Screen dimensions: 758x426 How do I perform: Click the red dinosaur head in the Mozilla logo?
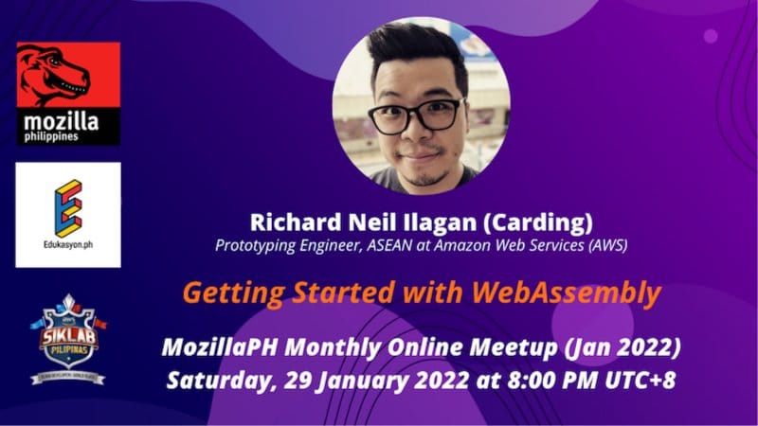(x=54, y=74)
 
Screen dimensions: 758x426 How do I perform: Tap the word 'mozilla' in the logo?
(x=62, y=122)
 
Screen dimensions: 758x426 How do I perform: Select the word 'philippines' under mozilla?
(x=51, y=137)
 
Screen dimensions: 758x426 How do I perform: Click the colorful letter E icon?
(x=68, y=208)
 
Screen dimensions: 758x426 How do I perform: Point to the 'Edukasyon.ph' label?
(x=68, y=244)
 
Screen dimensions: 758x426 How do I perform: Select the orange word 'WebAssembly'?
(x=566, y=293)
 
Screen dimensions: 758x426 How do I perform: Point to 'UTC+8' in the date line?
(x=641, y=381)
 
